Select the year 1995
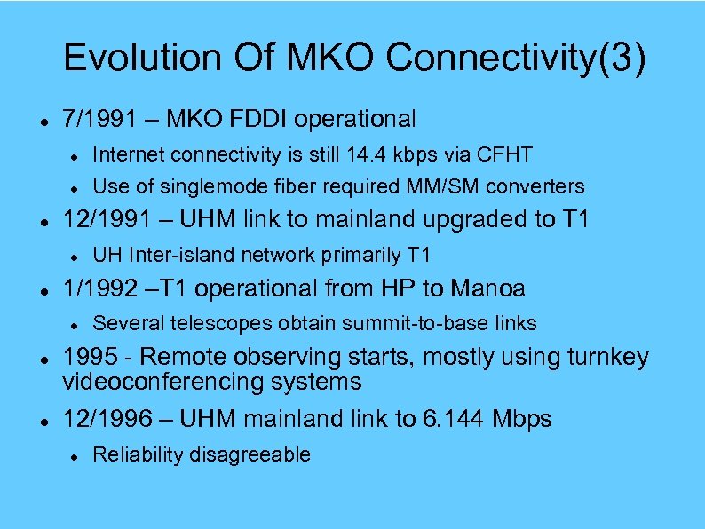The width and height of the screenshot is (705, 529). point(88,357)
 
